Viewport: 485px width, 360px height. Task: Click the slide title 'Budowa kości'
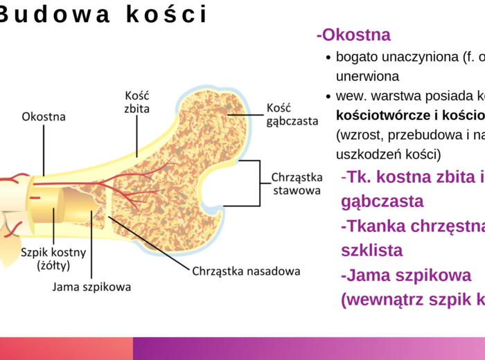click(104, 15)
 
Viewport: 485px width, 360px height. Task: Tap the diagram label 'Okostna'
click(44, 116)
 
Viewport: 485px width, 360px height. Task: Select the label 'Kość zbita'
click(137, 101)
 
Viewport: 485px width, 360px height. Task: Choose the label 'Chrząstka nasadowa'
click(246, 271)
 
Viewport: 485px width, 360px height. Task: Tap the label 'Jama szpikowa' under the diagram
click(91, 286)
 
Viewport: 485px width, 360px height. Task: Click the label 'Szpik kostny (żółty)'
click(45, 258)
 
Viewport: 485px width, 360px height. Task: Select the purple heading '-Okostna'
click(353, 35)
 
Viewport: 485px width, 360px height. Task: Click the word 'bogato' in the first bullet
click(355, 57)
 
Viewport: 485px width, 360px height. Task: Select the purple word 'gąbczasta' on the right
click(382, 201)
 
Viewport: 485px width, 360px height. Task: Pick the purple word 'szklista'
click(371, 250)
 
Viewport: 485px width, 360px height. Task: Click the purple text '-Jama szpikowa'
click(406, 275)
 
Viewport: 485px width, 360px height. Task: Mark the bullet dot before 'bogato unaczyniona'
click(328, 58)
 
